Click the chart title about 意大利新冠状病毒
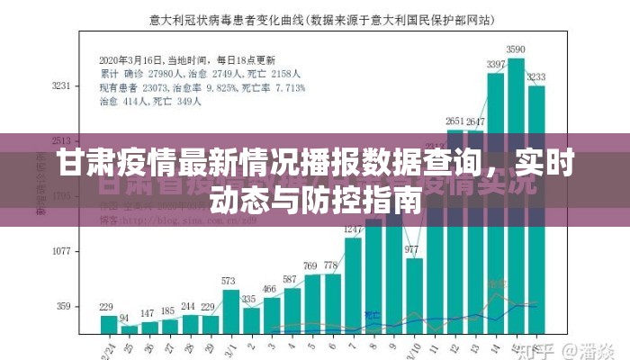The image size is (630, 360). [315, 16]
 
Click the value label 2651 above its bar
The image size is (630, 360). [455, 121]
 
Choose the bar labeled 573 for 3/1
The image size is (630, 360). [230, 311]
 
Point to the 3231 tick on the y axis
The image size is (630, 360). [61, 85]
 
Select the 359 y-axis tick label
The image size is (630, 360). [63, 307]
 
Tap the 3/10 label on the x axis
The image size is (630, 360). [411, 347]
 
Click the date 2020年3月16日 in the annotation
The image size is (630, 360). [132, 52]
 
